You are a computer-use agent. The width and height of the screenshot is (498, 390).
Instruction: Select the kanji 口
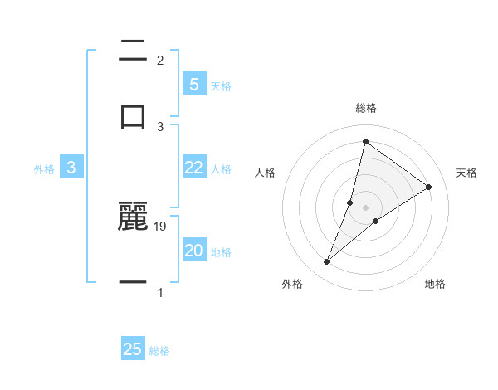point(133,116)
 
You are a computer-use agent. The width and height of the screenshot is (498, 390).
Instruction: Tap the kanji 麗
point(133,216)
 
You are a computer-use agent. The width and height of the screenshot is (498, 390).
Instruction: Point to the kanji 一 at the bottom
point(133,283)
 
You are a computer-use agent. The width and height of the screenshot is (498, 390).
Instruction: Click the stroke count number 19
point(161,226)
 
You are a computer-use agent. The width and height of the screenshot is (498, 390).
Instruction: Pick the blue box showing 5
point(193,84)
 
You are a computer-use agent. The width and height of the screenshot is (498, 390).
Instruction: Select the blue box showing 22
point(193,168)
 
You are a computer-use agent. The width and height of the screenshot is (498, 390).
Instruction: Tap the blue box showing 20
point(193,251)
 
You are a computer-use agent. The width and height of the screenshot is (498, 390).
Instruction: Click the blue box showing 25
point(133,349)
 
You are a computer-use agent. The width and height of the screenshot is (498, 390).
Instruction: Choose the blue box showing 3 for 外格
point(71,168)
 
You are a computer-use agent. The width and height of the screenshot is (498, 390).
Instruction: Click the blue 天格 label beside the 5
point(221,85)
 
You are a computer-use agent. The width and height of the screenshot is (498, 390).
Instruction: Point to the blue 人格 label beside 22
point(221,168)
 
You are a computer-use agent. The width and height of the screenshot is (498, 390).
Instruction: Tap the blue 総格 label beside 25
point(159,351)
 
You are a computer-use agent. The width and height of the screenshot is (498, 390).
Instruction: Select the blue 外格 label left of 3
point(44,168)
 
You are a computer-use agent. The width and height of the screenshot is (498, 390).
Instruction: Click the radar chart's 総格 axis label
point(366,108)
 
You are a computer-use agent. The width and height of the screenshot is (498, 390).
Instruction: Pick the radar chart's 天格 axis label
point(466,173)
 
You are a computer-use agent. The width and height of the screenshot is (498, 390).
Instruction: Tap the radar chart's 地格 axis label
point(435,284)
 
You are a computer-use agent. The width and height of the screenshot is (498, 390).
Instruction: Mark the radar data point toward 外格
point(327,262)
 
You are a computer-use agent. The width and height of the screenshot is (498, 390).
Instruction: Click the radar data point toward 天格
point(429,187)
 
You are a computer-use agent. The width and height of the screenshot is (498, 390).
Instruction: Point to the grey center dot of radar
point(366,207)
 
